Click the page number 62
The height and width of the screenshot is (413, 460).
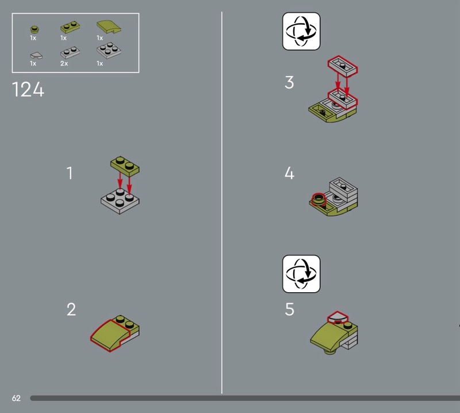[16, 398]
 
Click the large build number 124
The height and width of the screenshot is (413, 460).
[28, 89]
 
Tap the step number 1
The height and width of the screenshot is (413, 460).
[70, 173]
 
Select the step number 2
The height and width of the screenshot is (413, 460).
[71, 309]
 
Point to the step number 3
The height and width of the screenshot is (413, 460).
[289, 82]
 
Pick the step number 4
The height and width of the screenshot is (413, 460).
[289, 173]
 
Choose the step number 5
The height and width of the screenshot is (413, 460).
[289, 309]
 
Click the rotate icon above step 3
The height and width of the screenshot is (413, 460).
[301, 31]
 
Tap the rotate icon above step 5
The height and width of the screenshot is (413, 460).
[301, 274]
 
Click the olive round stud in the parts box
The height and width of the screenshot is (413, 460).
[34, 29]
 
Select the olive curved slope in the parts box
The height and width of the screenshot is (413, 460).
[109, 26]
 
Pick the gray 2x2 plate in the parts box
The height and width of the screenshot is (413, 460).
[109, 51]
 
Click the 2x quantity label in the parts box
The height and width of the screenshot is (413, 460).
[64, 63]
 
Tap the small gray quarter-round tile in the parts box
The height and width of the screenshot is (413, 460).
[36, 55]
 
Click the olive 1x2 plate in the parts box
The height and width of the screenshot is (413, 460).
[70, 27]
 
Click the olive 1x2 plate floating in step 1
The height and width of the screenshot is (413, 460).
[125, 166]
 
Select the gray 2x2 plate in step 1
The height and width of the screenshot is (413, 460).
[120, 201]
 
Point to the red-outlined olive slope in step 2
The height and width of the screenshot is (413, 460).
[110, 335]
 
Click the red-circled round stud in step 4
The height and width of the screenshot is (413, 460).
[319, 199]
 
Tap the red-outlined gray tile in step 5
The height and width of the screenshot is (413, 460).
[338, 316]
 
